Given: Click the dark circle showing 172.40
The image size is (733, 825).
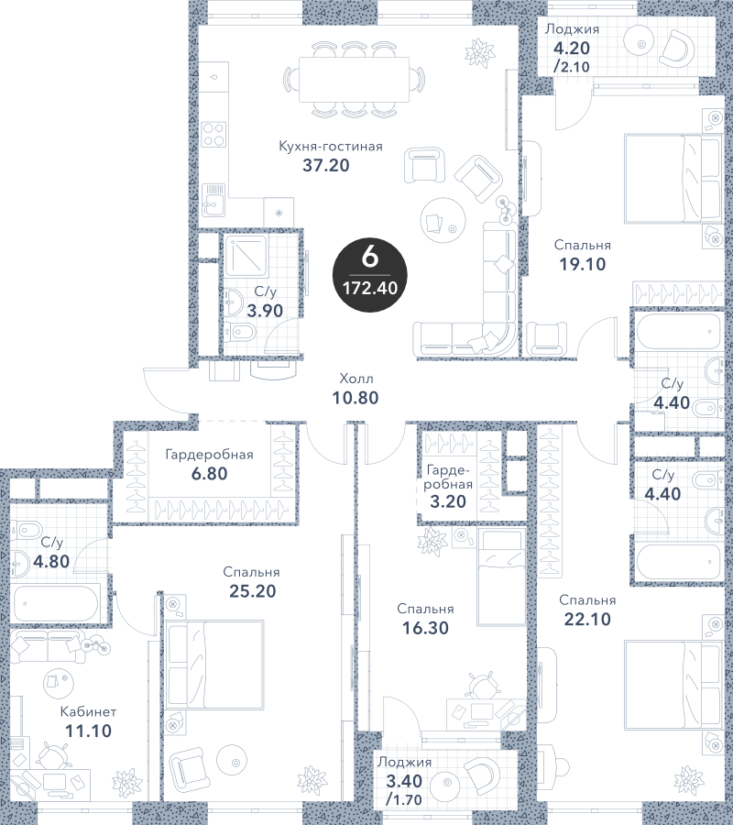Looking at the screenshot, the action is point(369,274).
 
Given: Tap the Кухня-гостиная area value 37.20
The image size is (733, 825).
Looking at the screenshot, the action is point(326,165).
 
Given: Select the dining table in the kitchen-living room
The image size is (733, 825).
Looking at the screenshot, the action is point(354,80).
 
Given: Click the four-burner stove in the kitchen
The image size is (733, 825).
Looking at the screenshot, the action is point(214,134).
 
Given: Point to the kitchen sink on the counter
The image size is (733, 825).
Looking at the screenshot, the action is point(214,200).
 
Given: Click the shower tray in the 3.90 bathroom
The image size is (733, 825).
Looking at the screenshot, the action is point(246,256).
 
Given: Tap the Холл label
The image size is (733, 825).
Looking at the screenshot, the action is point(356,379).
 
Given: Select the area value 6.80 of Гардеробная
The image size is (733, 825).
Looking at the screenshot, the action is point(209,474).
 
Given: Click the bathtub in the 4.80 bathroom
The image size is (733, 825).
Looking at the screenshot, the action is point(56,603).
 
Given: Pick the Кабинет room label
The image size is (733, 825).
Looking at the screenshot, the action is point(88,712).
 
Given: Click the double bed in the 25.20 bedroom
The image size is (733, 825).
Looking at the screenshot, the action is point(214,665).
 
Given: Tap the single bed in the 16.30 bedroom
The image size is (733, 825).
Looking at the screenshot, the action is point(501,577).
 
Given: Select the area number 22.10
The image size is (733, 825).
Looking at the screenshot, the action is point(587,620).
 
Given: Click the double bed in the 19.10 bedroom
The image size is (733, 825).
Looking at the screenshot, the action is point(672,179).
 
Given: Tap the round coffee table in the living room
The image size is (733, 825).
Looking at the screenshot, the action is point(443,220).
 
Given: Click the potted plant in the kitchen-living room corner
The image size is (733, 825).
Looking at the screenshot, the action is point(479,51).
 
